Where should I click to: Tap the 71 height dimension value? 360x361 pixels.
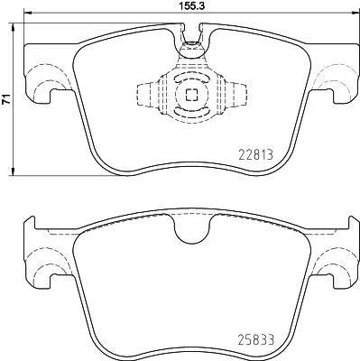[x=6, y=102]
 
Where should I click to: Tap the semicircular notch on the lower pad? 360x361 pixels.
[x=189, y=232]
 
